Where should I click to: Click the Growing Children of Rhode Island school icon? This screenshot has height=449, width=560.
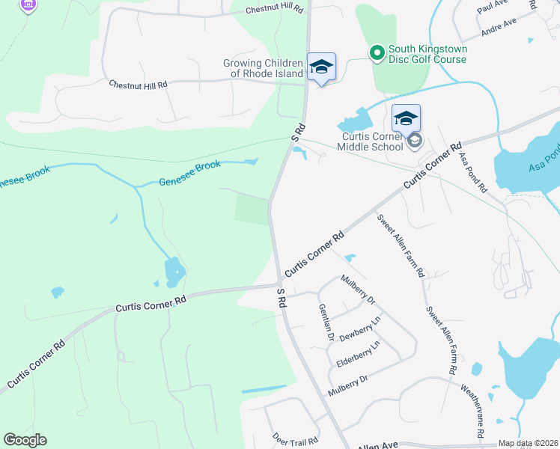[x=321, y=67]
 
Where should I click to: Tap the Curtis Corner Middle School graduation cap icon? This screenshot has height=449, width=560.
[x=406, y=118]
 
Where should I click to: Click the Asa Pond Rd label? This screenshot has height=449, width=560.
[x=473, y=172]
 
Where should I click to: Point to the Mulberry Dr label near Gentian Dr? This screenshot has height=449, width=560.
[x=357, y=290]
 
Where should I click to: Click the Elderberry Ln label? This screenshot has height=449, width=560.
[x=358, y=355]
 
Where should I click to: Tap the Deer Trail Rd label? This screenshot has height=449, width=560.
[x=295, y=439]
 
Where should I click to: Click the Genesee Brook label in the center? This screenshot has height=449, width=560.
[x=190, y=174]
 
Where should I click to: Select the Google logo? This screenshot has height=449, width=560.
[x=25, y=440]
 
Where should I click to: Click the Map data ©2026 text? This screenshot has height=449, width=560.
[x=528, y=443]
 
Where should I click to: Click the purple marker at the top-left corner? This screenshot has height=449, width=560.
[x=28, y=4]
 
